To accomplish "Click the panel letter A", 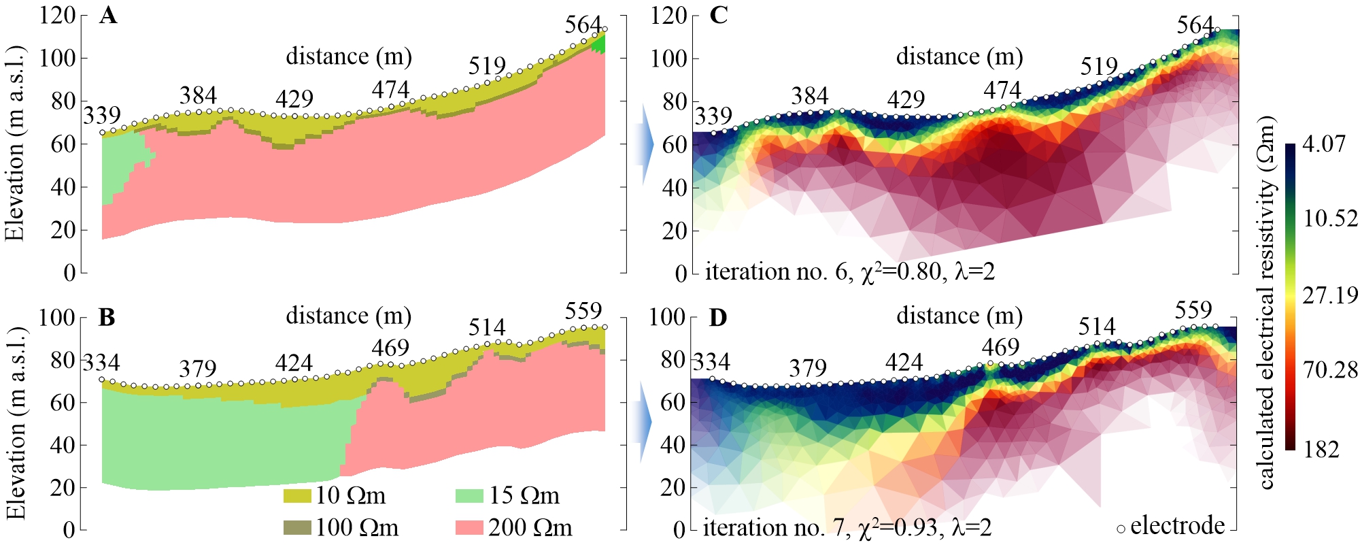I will (107, 15).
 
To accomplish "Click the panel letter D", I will (719, 318).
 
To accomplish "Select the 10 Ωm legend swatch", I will (296, 496).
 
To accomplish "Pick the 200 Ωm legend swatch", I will (469, 527).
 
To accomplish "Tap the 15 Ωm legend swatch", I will (469, 496).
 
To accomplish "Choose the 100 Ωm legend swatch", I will (296, 527).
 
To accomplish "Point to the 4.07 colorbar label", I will (1324, 144).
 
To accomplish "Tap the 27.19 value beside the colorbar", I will (1330, 295).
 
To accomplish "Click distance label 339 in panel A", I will (102, 115).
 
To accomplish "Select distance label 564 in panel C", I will (1195, 26).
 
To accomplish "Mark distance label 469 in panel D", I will (1000, 347).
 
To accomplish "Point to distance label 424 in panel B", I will (294, 363).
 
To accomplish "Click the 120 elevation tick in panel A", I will (57, 15).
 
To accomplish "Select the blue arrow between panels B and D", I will (642, 422).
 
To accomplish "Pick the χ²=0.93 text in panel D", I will (902, 527).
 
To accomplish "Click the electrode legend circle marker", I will (1121, 529).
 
